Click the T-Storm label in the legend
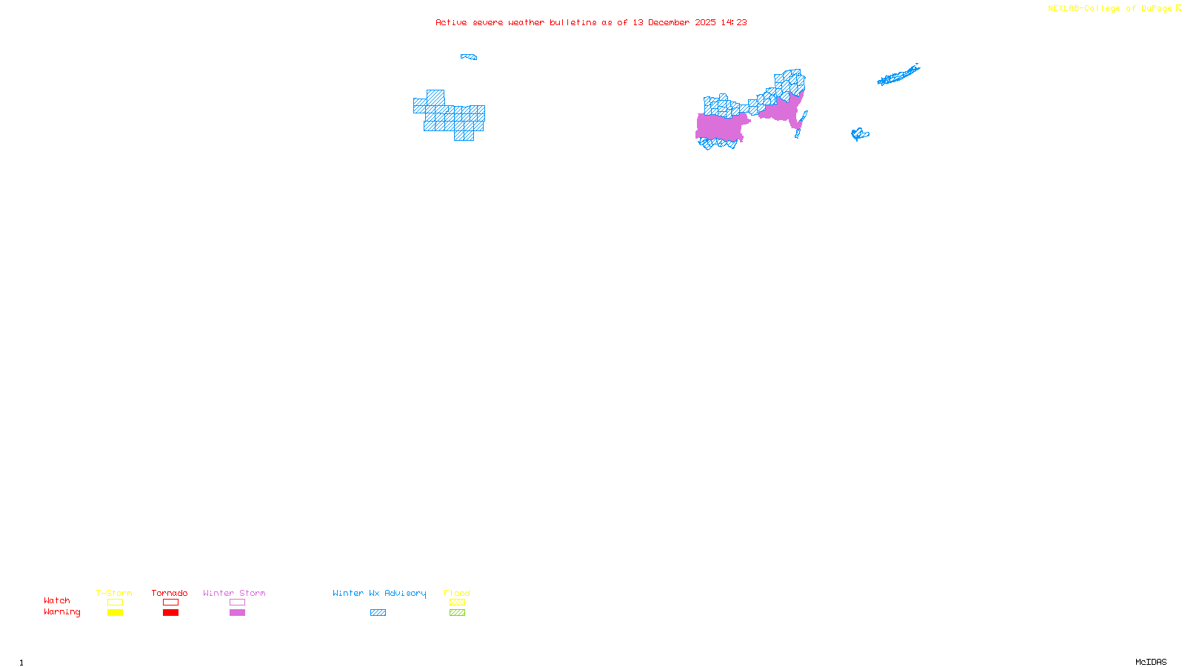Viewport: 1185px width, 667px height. (114, 593)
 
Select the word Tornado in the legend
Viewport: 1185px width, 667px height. (170, 593)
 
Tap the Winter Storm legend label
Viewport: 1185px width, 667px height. (234, 593)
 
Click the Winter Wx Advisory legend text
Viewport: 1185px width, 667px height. (379, 593)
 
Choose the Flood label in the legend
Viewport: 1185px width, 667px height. (457, 593)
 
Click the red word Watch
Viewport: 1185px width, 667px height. (57, 600)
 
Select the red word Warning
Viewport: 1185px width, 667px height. (61, 612)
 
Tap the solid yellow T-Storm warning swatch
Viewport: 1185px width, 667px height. (115, 613)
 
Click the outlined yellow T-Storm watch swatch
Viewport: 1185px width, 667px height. (115, 603)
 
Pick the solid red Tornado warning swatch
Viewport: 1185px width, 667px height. (171, 613)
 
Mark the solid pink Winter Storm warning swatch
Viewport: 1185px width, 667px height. (237, 613)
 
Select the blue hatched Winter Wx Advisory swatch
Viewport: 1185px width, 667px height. (378, 613)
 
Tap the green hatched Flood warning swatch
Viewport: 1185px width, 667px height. (458, 613)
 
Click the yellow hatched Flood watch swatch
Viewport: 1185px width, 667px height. (458, 603)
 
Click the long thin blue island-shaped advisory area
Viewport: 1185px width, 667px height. (898, 75)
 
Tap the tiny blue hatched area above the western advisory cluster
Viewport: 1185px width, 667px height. (469, 56)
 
